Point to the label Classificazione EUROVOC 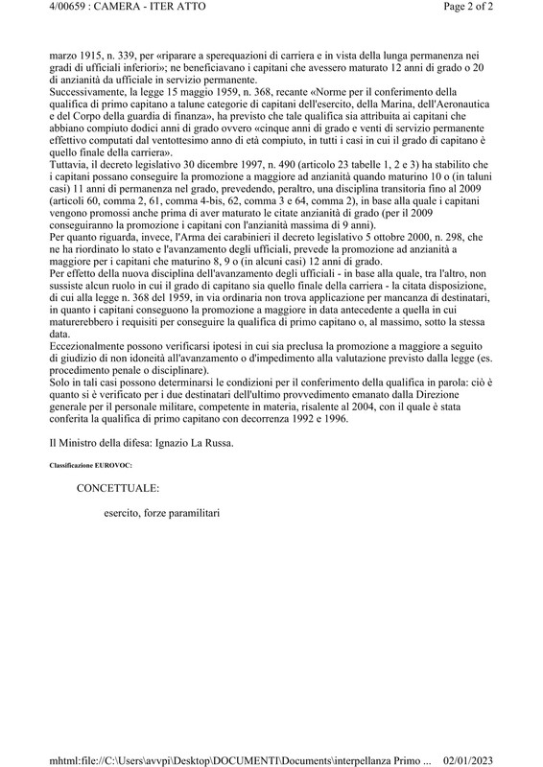tap(91, 465)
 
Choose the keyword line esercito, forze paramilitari tap(163, 513)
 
